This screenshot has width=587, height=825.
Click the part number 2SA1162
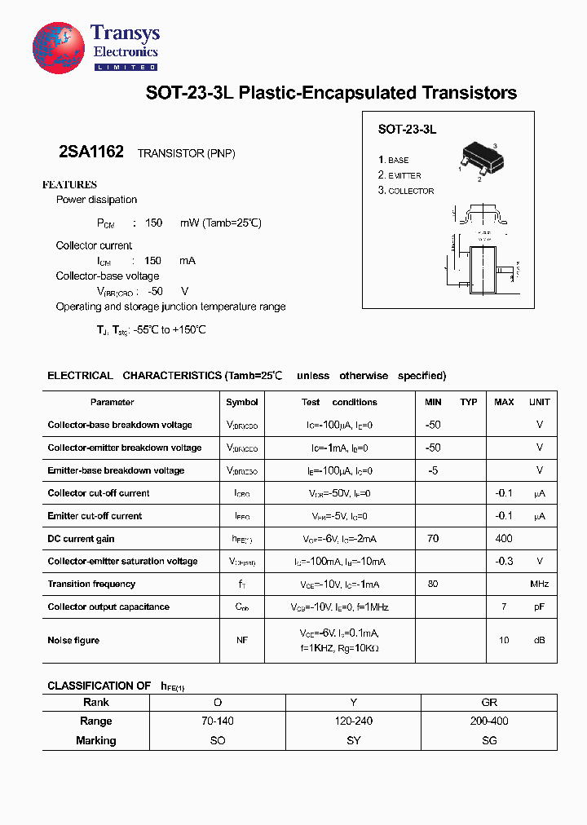pos(91,152)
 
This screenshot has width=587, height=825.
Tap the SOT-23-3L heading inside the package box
pos(407,130)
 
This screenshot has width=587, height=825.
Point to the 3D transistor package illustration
pos(480,158)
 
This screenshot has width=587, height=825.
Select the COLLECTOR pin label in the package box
pos(406,191)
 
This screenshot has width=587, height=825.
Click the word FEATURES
pos(69,185)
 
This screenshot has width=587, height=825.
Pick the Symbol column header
pos(242,402)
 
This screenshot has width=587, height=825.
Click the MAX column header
pos(504,402)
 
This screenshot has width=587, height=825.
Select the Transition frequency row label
pos(91,585)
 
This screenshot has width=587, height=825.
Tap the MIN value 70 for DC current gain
pos(433,539)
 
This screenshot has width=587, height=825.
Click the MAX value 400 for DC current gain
pos(504,539)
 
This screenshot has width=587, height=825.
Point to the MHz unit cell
pos(540,585)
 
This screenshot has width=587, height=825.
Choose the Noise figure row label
pos(73,641)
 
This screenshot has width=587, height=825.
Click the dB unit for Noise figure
pos(540,641)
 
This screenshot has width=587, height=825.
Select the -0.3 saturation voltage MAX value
pos(504,561)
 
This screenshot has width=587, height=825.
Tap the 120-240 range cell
pos(354,721)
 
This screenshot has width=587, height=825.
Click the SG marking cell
pos(489,741)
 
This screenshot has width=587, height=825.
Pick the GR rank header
pos(489,703)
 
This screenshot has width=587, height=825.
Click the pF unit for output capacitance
pos(540,607)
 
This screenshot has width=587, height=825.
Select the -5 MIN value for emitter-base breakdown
pos(433,470)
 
